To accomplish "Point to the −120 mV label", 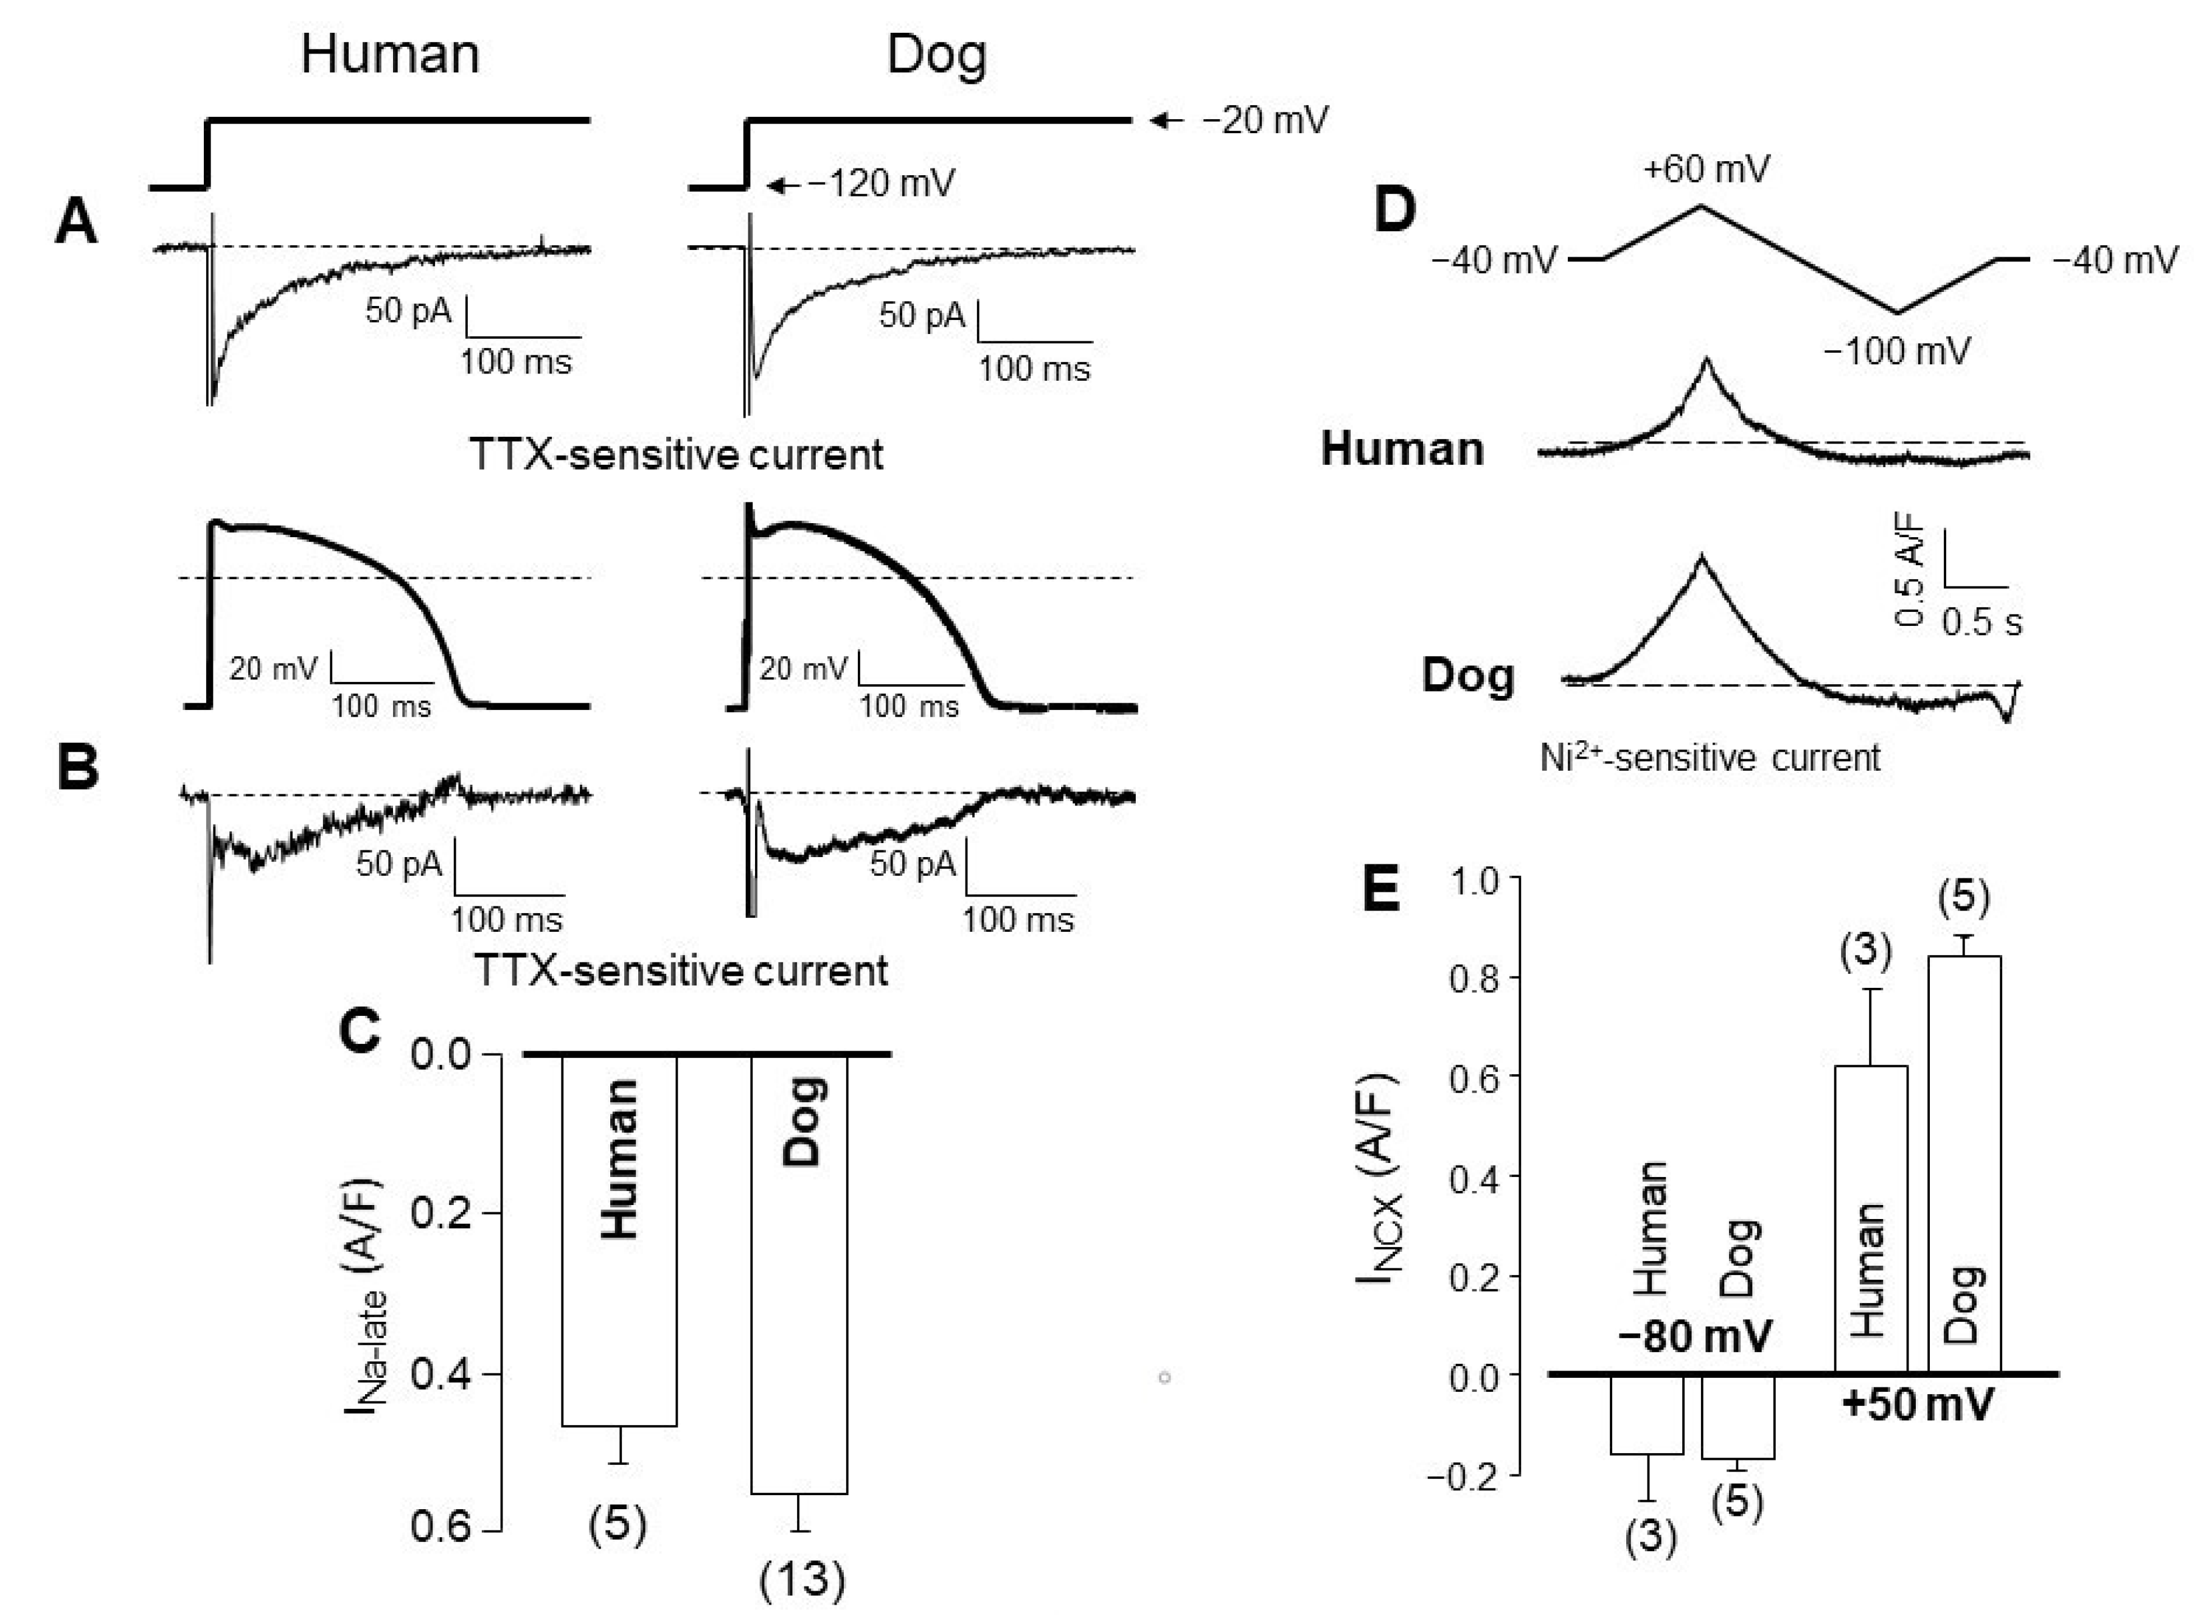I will (880, 183).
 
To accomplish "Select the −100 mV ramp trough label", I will (1897, 350).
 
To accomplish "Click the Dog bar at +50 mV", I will (1963, 1163).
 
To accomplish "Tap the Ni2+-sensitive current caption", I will (1710, 758).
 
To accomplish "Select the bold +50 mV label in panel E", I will (1916, 1406).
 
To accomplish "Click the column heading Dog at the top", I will (936, 55).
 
